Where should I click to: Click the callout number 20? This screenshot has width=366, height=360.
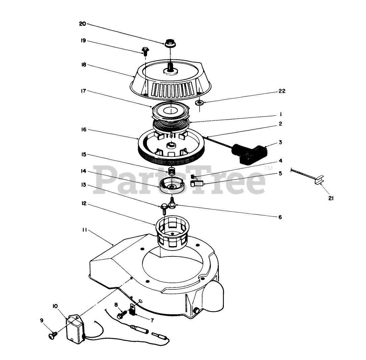[82, 24]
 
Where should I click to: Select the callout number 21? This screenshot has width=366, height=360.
[331, 199]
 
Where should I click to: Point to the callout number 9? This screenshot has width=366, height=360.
[42, 321]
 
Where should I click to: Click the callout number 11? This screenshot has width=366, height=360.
[84, 230]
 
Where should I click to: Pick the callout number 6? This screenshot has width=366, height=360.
[280, 217]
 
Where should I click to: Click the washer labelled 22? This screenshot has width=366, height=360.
[199, 103]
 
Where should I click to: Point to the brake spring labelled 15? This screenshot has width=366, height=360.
[172, 171]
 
